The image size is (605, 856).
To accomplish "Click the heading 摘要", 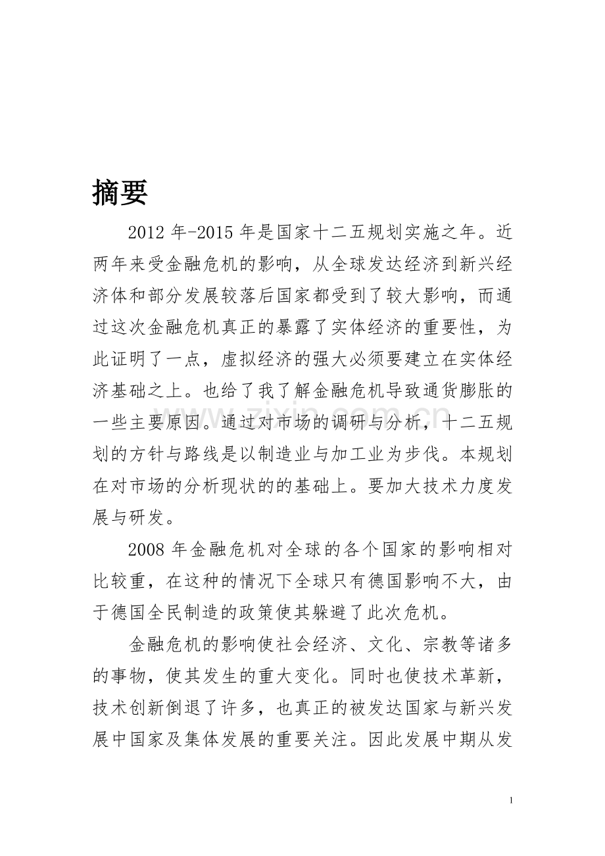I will click(x=120, y=192).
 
